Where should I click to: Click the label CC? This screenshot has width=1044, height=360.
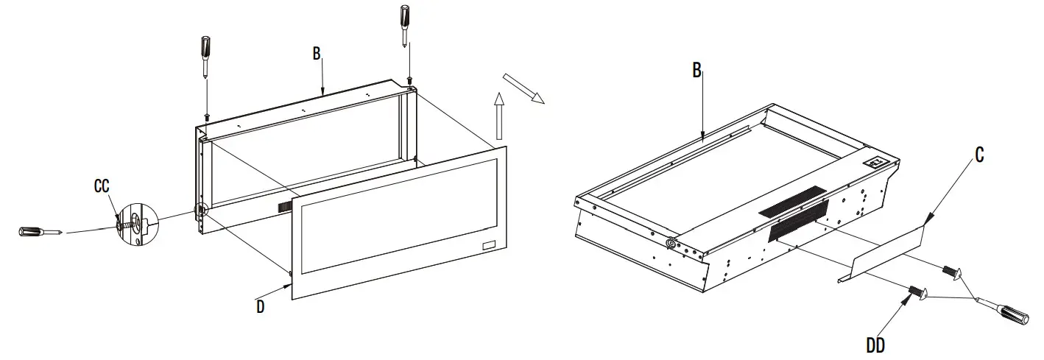[x=102, y=187]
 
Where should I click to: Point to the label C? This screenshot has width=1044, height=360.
[x=978, y=155]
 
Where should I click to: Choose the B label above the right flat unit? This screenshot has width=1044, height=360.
[x=696, y=70]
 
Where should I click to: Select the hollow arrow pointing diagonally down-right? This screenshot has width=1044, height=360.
[x=523, y=88]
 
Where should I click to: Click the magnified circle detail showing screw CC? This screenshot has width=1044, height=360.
[x=133, y=222]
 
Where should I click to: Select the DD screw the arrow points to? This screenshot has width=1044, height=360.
[x=916, y=292]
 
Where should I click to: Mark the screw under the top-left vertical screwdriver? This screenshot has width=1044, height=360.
[x=207, y=116]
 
